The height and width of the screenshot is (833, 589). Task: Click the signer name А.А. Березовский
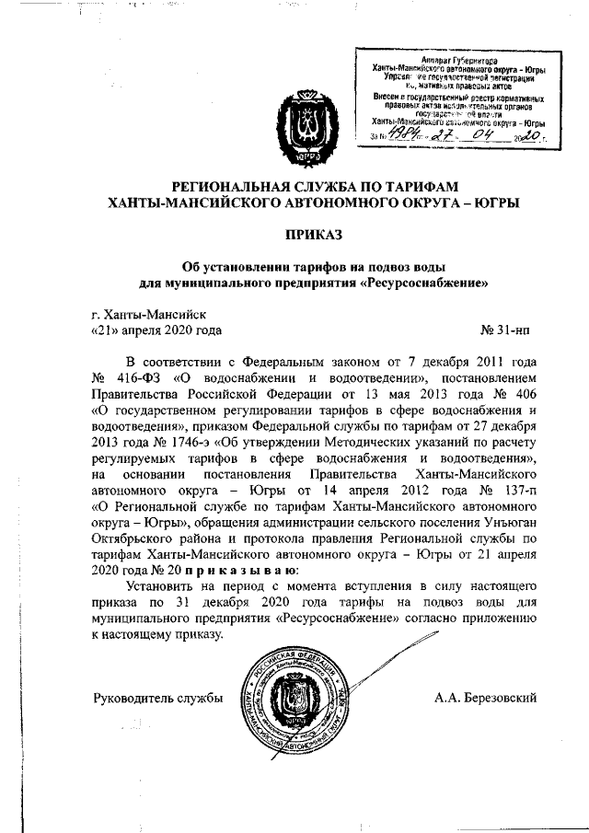tap(485, 699)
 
